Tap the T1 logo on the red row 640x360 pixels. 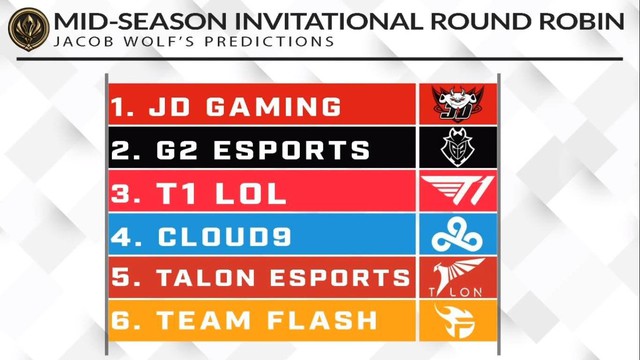(x=457, y=190)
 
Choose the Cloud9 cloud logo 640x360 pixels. (x=457, y=235)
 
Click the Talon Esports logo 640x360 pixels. (x=457, y=277)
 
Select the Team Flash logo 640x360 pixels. (x=457, y=320)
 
